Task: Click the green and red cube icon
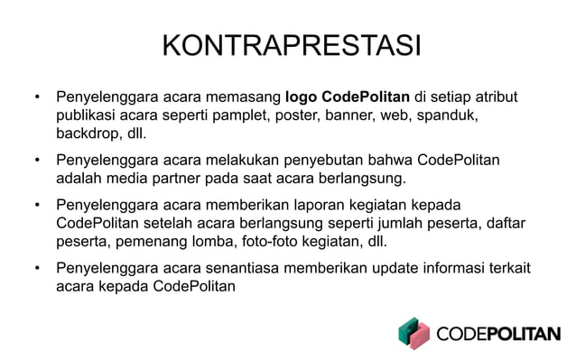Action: (x=414, y=332)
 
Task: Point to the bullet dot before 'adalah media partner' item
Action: (x=37, y=161)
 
